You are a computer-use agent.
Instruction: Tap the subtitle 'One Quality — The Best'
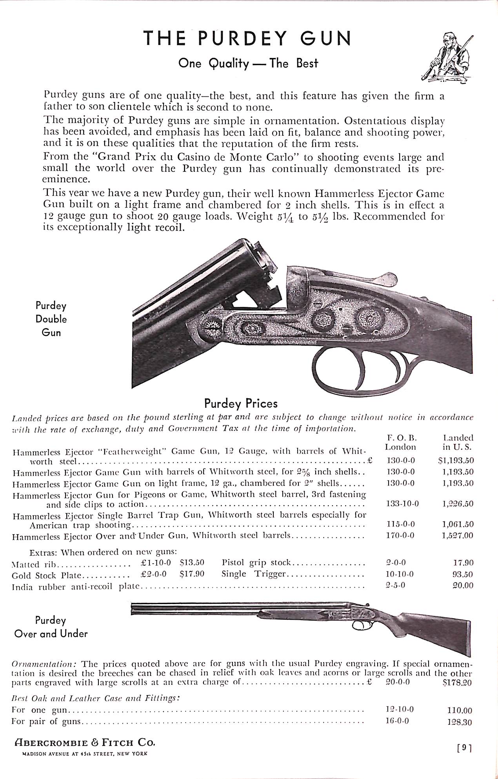click(x=248, y=63)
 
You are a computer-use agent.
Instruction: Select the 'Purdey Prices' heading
click(x=241, y=403)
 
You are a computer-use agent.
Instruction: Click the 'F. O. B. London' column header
click(x=400, y=442)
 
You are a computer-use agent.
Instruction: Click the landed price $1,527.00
click(x=458, y=535)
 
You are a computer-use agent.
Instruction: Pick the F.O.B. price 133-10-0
click(x=402, y=503)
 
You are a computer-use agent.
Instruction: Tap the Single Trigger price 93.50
click(x=463, y=574)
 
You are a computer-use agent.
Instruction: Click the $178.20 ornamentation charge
click(x=456, y=683)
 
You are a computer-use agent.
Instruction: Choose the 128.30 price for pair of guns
click(x=460, y=722)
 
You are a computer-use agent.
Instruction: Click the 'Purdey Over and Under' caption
click(x=51, y=627)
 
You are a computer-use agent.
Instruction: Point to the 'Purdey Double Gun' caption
click(x=51, y=319)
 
